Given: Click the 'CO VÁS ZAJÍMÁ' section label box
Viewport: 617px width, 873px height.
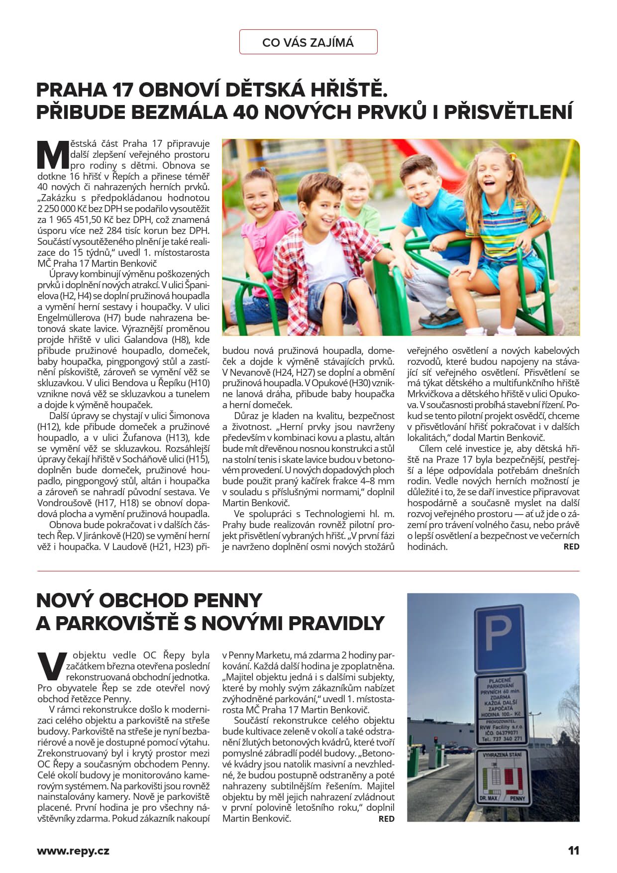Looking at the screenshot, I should pyautogui.click(x=308, y=42).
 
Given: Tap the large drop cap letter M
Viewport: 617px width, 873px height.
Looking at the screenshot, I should pyautogui.click(x=53, y=155).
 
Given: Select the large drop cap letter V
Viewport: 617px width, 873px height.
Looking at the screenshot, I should pyautogui.click(x=51, y=666).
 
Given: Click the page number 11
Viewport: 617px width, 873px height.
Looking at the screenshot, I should pyautogui.click(x=573, y=851).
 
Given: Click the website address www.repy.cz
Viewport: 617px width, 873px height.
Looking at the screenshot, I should pyautogui.click(x=73, y=851).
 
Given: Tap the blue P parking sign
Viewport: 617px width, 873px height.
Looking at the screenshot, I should pyautogui.click(x=499, y=638).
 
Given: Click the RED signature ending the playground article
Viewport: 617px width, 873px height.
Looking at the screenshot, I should pyautogui.click(x=571, y=546).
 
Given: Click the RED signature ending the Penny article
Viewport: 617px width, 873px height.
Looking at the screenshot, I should pyautogui.click(x=386, y=819).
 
